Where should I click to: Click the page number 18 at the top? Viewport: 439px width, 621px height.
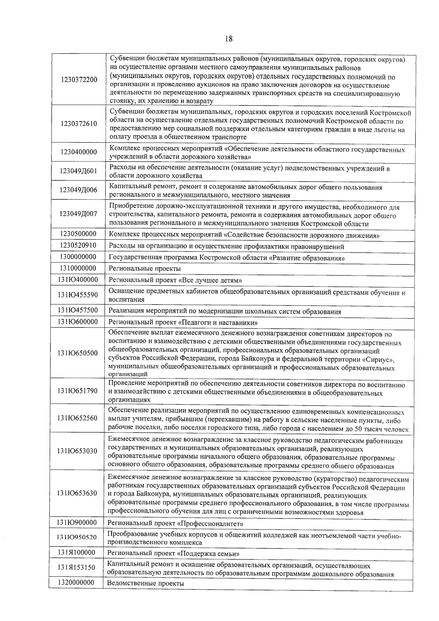click(x=229, y=38)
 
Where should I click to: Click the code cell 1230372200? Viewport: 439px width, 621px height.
click(x=79, y=80)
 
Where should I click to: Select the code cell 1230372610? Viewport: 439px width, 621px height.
click(x=79, y=124)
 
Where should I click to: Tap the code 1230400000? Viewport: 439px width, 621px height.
click(x=79, y=152)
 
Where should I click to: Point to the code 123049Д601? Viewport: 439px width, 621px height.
click(x=79, y=171)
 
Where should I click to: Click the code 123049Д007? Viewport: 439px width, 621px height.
click(x=79, y=214)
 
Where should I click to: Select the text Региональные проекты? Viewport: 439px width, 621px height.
click(x=145, y=269)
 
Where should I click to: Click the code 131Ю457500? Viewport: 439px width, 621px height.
click(x=78, y=310)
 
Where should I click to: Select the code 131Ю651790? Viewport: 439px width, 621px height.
click(x=77, y=391)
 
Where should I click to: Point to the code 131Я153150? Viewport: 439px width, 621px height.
click(x=76, y=568)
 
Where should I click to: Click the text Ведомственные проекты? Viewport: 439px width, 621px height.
click(x=145, y=583)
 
